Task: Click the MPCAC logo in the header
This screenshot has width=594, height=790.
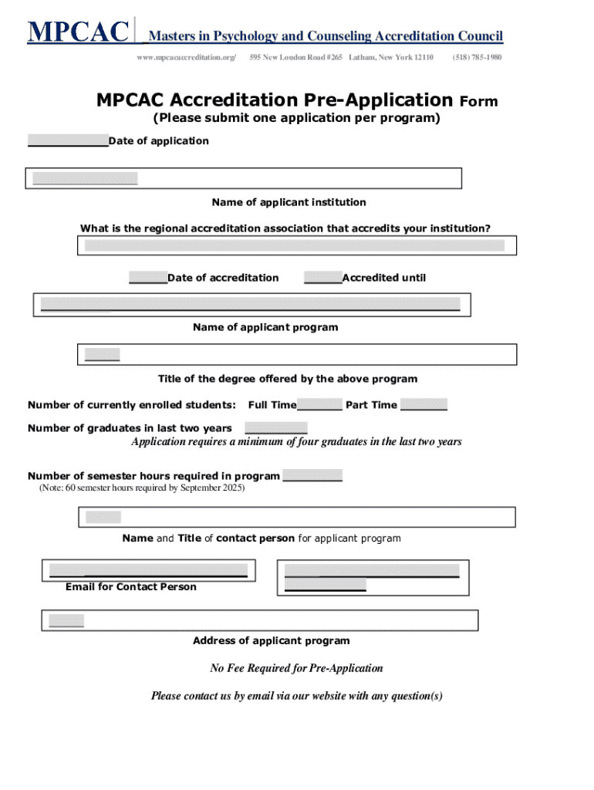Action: pyautogui.click(x=78, y=33)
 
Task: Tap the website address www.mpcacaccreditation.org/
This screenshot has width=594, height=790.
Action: pyautogui.click(x=186, y=58)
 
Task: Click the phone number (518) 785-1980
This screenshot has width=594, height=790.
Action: pyautogui.click(x=478, y=58)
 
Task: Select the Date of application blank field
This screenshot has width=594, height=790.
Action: pyautogui.click(x=68, y=140)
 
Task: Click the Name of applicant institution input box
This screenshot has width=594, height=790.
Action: pyautogui.click(x=244, y=178)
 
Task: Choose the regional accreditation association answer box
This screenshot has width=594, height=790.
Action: pyautogui.click(x=296, y=245)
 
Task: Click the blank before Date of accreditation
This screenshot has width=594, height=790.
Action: pyautogui.click(x=147, y=278)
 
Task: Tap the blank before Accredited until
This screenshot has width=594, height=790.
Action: pyautogui.click(x=322, y=278)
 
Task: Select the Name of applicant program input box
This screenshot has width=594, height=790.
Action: pyautogui.click(x=250, y=305)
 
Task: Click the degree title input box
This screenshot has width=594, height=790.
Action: pyautogui.click(x=296, y=354)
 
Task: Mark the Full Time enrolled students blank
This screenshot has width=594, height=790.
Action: pyautogui.click(x=319, y=405)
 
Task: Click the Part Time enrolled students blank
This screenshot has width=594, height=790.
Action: pyautogui.click(x=424, y=405)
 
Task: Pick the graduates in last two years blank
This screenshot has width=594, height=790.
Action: pyautogui.click(x=276, y=428)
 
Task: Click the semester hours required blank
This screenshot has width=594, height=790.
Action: pyautogui.click(x=312, y=476)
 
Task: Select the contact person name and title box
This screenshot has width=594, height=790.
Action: pyautogui.click(x=296, y=517)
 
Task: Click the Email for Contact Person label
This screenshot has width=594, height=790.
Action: pyautogui.click(x=131, y=587)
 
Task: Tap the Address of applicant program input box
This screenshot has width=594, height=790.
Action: pyautogui.click(x=260, y=620)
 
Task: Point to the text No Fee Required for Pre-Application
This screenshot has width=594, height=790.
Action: pyautogui.click(x=296, y=668)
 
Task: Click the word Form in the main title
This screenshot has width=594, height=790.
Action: pyautogui.click(x=479, y=102)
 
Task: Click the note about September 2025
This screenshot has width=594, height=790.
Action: pyautogui.click(x=142, y=488)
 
